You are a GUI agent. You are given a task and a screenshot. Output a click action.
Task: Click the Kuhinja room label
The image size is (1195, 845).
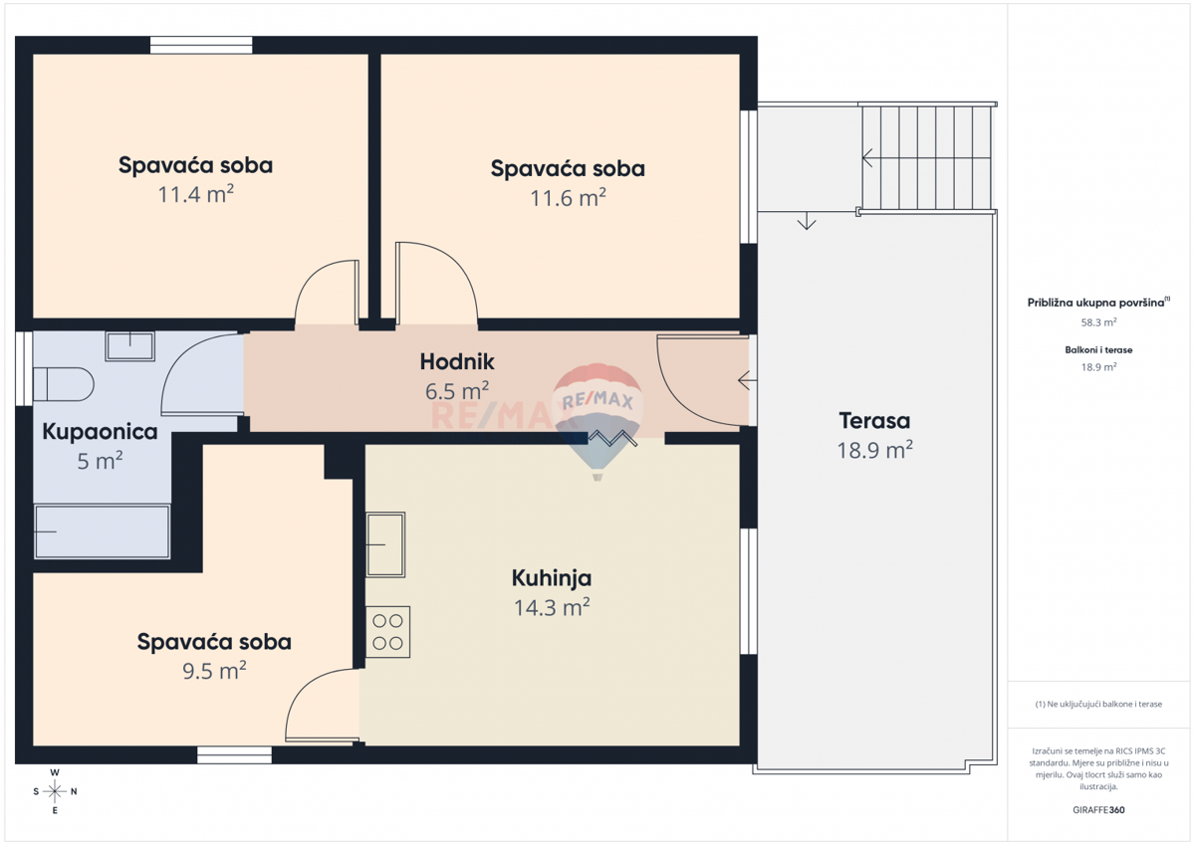tap(552, 578)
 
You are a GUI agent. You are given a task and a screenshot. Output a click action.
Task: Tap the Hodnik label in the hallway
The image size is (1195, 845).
tap(457, 362)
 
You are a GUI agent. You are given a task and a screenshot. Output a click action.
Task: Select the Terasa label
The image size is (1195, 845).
tap(874, 421)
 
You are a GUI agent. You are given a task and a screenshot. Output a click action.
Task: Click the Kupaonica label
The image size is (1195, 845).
tap(100, 432)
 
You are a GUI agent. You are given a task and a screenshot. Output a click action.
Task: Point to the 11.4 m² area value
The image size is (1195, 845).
tap(195, 194)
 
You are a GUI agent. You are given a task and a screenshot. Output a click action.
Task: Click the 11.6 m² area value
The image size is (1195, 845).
tap(568, 198)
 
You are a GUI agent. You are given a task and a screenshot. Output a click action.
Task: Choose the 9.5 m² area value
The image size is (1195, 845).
tap(214, 672)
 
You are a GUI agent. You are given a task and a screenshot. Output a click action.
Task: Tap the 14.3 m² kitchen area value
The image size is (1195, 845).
tap(552, 607)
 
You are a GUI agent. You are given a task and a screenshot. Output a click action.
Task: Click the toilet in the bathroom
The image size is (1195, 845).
tap(63, 383)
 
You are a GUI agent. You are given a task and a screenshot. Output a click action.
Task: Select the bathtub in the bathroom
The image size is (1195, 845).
tap(102, 531)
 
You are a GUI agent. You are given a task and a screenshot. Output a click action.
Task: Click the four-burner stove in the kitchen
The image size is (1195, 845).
tap(388, 632)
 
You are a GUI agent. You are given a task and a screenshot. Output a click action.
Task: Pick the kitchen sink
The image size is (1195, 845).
tap(385, 544)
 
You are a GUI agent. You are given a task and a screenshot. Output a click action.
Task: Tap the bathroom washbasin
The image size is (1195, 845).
tap(129, 346)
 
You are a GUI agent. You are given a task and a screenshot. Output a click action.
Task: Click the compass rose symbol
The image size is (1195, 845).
tap(56, 792)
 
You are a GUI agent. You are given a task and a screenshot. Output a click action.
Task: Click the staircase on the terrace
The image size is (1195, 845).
tap(926, 156)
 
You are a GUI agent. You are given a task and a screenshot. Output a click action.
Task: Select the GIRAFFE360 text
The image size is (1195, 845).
tap(1098, 810)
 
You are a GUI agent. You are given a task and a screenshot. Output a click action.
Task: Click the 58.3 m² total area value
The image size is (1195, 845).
tap(1098, 322)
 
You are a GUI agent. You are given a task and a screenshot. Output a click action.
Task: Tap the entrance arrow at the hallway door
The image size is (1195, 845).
tap(745, 379)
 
